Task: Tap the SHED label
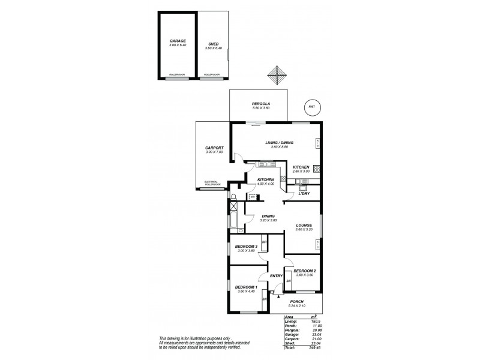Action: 213,41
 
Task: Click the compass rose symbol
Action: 278,77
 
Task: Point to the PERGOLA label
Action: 260,104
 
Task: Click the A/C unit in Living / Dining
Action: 317,143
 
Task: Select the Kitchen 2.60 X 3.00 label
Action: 301,167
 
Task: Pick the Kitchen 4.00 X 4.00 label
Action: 265,179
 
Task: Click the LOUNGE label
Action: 304,225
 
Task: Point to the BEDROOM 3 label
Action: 246,247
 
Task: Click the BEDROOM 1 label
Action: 246,287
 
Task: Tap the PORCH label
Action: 297,302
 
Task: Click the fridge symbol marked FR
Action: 253,196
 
